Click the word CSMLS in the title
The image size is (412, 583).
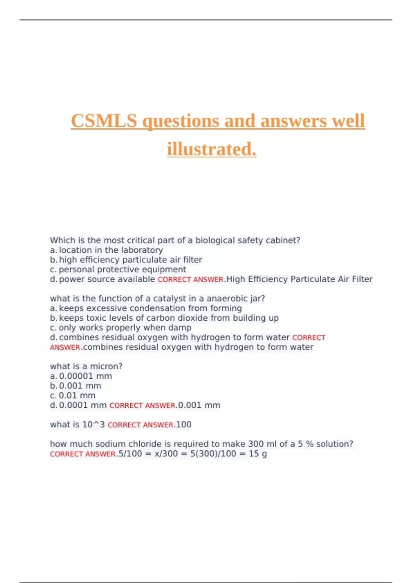point(104,121)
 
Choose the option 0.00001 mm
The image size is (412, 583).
point(85,376)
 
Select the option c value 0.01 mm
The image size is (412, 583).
point(77,395)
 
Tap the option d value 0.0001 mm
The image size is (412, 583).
point(83,405)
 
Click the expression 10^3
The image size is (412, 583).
point(93,425)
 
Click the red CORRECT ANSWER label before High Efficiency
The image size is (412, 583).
point(191,279)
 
